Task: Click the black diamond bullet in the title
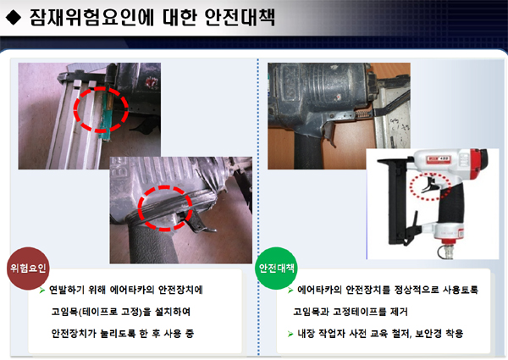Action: click(x=14, y=18)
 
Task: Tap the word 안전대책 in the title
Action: click(x=240, y=17)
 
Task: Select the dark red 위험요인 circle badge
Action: click(x=28, y=269)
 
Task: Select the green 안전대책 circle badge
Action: click(x=276, y=269)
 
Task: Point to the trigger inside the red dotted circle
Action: click(x=429, y=186)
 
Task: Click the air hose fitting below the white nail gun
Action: click(x=446, y=251)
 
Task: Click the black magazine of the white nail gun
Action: click(x=398, y=201)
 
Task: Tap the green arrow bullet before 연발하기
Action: click(x=41, y=290)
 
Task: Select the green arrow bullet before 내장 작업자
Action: click(x=290, y=334)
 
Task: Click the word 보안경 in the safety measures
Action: click(x=428, y=334)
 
